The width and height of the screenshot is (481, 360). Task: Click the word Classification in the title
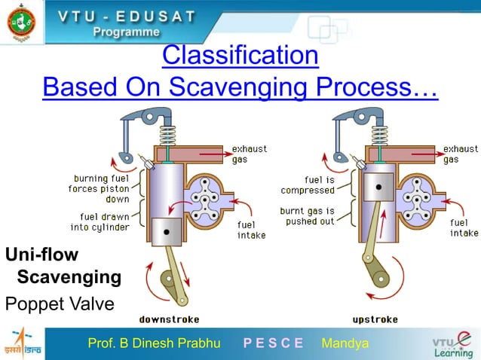point(240,55)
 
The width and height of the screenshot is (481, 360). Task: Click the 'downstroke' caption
point(169,319)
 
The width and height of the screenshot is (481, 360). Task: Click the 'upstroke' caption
point(375,319)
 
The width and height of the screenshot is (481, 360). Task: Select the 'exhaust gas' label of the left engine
point(249,154)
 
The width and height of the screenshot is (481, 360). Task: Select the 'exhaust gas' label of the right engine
point(460,154)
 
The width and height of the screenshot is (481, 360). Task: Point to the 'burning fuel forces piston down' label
point(99,189)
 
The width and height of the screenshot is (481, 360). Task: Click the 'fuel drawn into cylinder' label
point(100,222)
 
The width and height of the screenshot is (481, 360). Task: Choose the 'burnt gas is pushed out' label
point(307,216)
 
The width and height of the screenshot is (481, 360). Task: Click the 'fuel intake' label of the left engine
point(251,230)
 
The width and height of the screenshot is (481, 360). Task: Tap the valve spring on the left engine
point(168,136)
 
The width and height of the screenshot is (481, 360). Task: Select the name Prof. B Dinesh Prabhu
point(154,344)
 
